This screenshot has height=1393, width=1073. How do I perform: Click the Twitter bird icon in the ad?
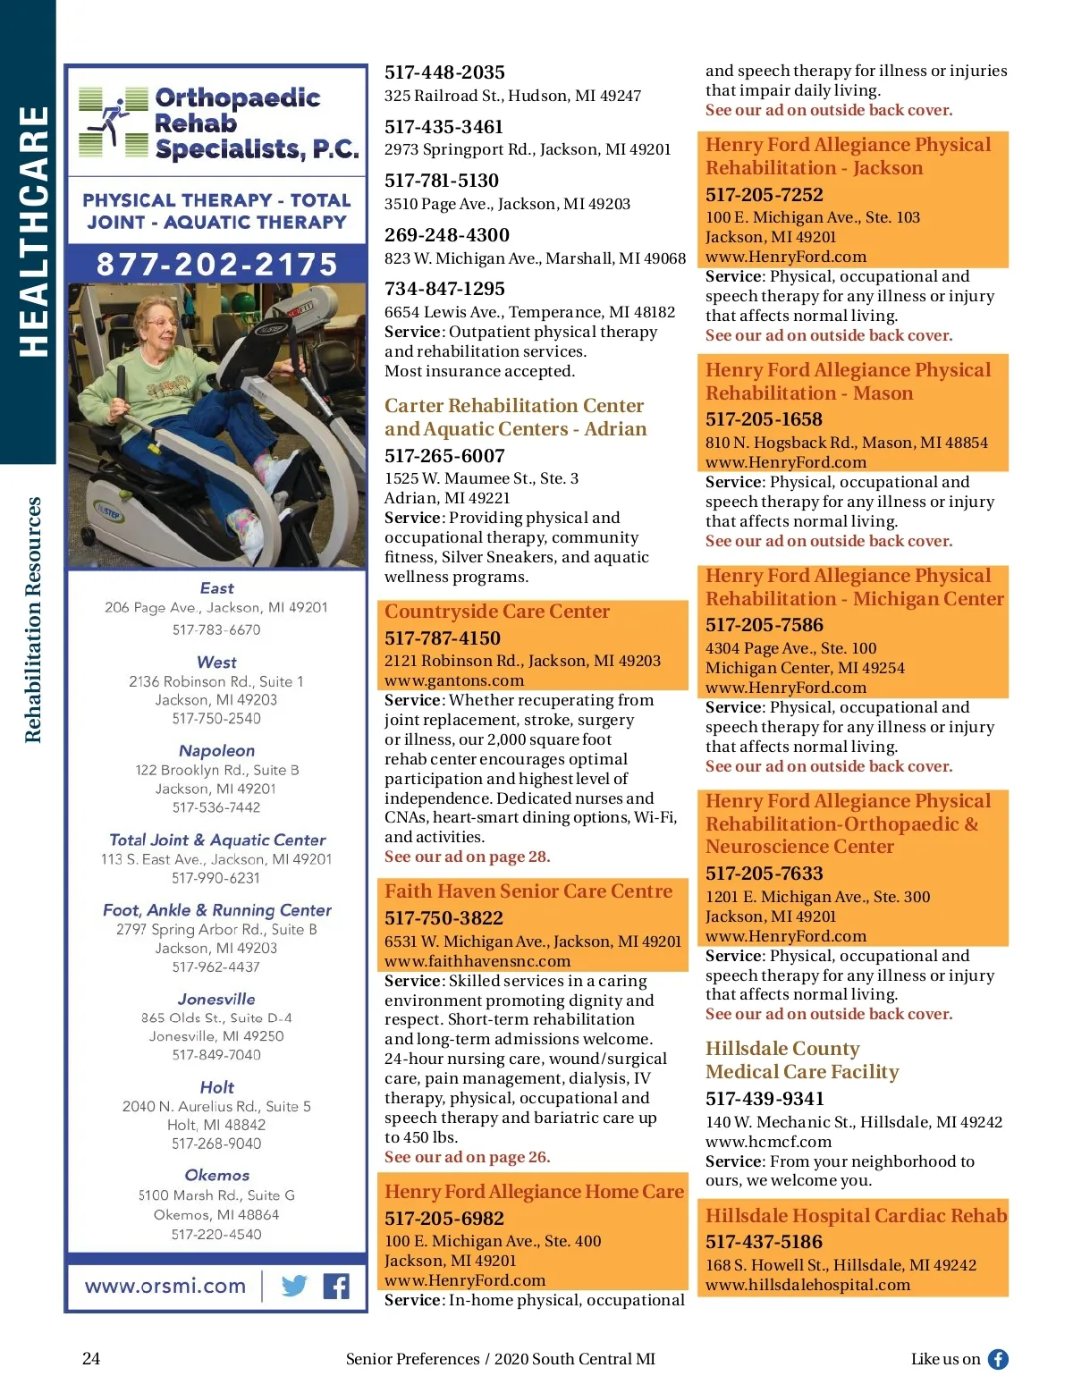pyautogui.click(x=294, y=1286)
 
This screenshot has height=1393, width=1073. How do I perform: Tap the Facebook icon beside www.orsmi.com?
pyautogui.click(x=336, y=1286)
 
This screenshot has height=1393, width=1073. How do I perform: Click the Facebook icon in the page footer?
pyautogui.click(x=998, y=1359)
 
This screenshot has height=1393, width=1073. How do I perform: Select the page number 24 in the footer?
pyautogui.click(x=91, y=1359)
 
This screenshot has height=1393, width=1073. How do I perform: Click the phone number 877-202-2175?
pyautogui.click(x=217, y=265)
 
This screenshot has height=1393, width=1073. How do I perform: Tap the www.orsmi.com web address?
pyautogui.click(x=165, y=1286)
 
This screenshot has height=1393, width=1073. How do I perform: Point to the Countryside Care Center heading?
pyautogui.click(x=497, y=612)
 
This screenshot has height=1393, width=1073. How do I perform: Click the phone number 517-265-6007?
pyautogui.click(x=444, y=456)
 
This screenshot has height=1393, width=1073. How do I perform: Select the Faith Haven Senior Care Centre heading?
pyautogui.click(x=528, y=891)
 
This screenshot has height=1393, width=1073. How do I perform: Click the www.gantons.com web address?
pyautogui.click(x=454, y=680)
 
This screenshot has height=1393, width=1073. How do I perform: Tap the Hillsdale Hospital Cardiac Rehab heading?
pyautogui.click(x=856, y=1216)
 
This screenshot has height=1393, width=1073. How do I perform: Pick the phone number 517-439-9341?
pyautogui.click(x=765, y=1099)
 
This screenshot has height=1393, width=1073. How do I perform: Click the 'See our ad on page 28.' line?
pyautogui.click(x=467, y=857)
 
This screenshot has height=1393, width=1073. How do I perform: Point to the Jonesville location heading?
pyautogui.click(x=216, y=999)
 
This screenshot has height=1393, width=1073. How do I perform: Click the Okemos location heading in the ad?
pyautogui.click(x=216, y=1175)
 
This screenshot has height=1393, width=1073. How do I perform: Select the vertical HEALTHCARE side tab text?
pyautogui.click(x=33, y=232)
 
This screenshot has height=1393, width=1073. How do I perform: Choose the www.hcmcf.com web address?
pyautogui.click(x=768, y=1142)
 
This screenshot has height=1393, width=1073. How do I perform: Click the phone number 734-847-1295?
pyautogui.click(x=444, y=289)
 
